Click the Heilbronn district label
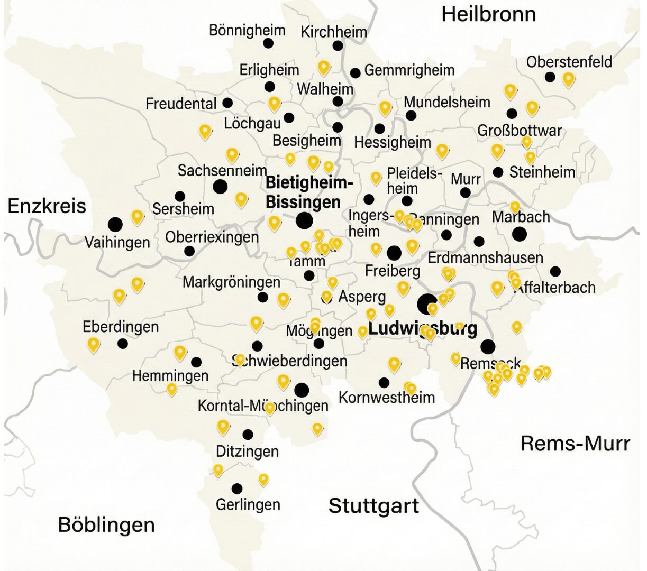point(488,14)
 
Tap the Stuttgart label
point(373,506)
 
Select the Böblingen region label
point(106,525)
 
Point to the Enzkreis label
point(47,206)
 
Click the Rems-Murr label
point(575,444)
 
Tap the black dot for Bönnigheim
point(268,43)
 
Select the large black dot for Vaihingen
point(115,224)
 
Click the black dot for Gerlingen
point(237,488)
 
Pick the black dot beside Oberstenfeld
point(550,77)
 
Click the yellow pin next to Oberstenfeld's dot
point(568,79)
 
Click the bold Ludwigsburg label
point(422,328)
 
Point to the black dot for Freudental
point(227,103)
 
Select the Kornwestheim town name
point(386,397)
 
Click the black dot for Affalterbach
point(555,271)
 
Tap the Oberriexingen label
point(212,237)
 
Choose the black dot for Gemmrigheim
point(356,72)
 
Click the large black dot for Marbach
point(520,234)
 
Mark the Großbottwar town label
point(519,130)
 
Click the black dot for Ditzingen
point(248,435)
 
